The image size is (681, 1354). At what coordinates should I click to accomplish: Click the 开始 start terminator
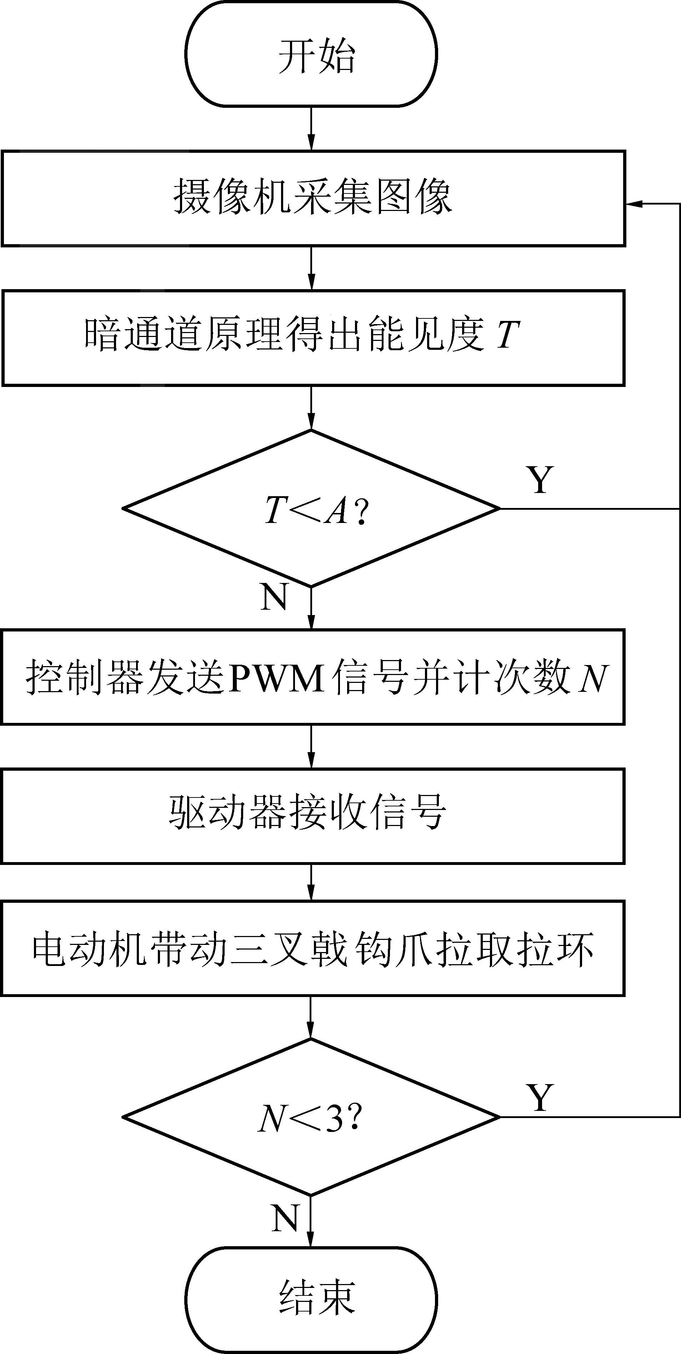[x=311, y=55]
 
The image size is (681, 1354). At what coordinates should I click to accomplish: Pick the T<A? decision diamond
[x=311, y=508]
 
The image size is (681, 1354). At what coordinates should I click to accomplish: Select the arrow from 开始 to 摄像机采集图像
[x=311, y=129]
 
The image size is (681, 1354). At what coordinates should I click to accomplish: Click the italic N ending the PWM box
[x=593, y=678]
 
